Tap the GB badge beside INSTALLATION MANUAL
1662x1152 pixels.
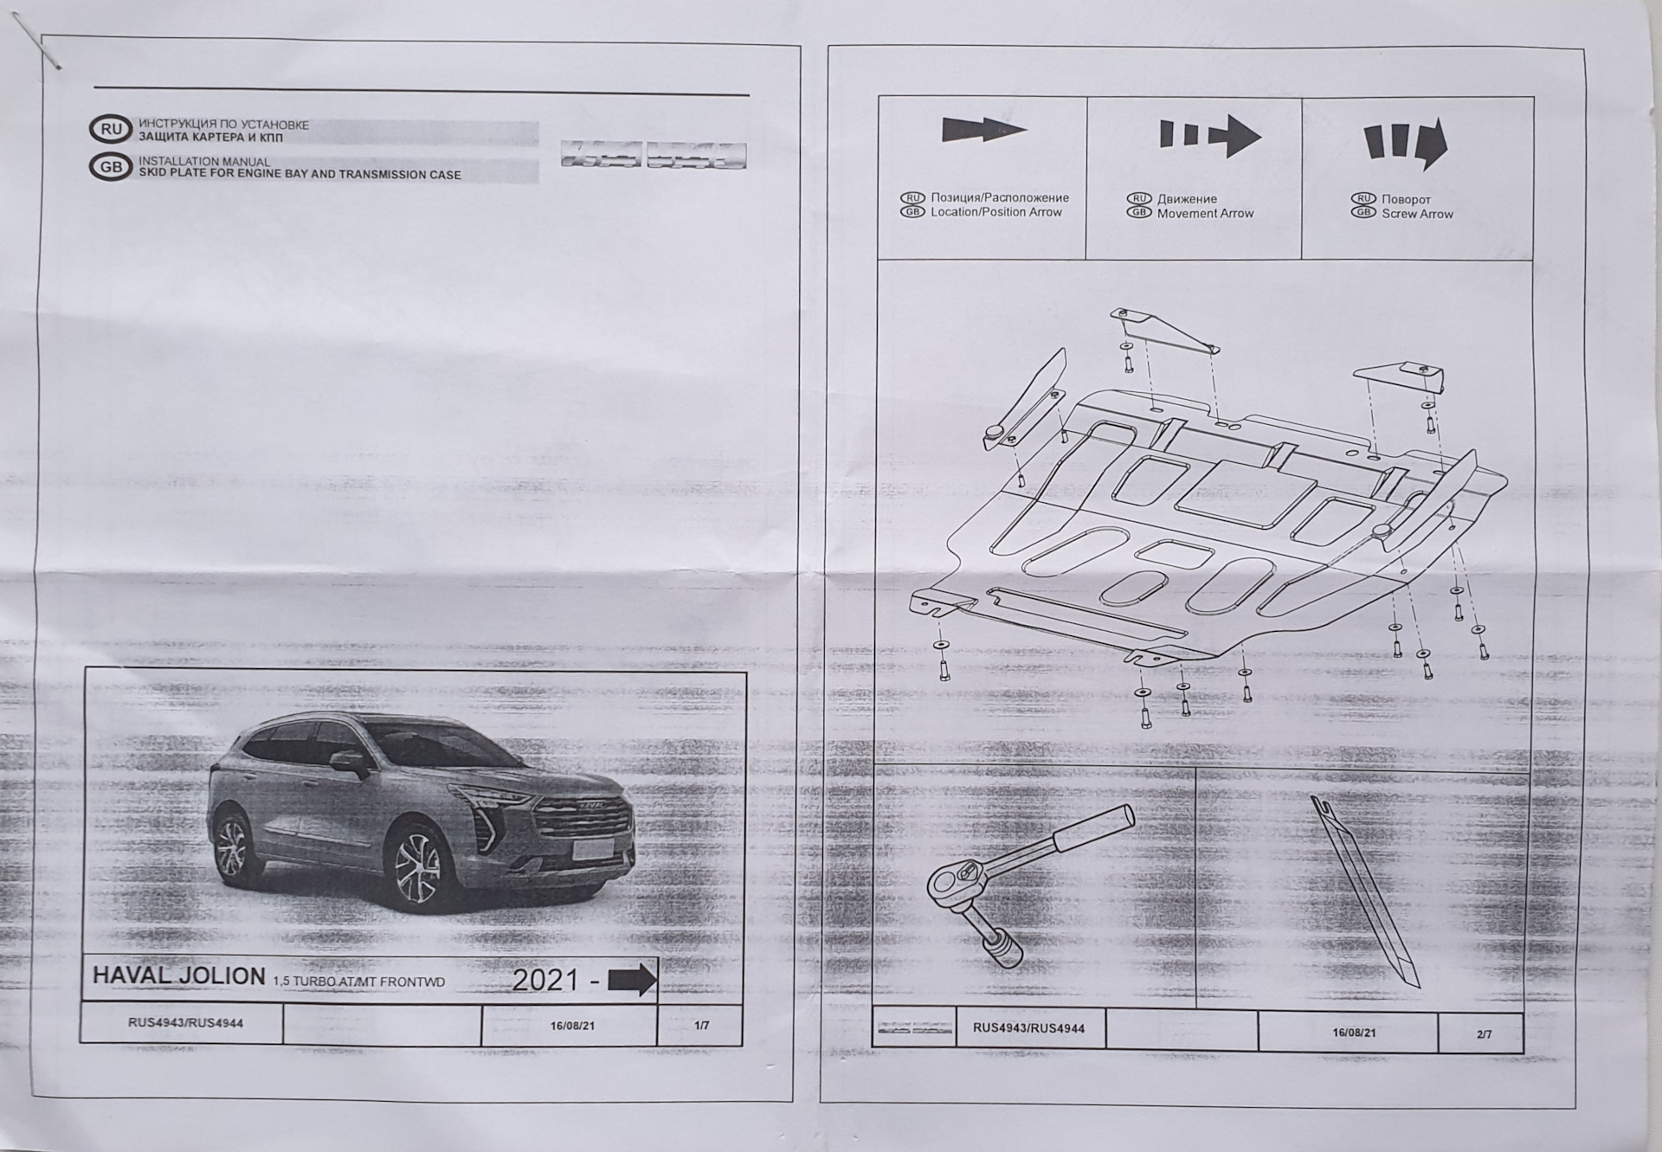click(x=111, y=167)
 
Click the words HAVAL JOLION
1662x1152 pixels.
click(x=179, y=975)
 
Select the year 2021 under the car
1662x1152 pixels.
click(x=544, y=980)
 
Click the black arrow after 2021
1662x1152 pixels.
click(x=632, y=980)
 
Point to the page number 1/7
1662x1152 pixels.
click(x=701, y=1026)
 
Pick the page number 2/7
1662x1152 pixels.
click(x=1484, y=1034)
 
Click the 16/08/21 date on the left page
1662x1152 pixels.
click(x=572, y=1027)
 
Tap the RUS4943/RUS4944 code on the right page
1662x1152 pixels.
click(x=1028, y=1028)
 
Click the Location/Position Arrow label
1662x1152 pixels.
click(x=995, y=212)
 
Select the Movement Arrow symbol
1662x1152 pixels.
click(x=1209, y=136)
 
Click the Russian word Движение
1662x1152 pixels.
click(x=1187, y=199)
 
